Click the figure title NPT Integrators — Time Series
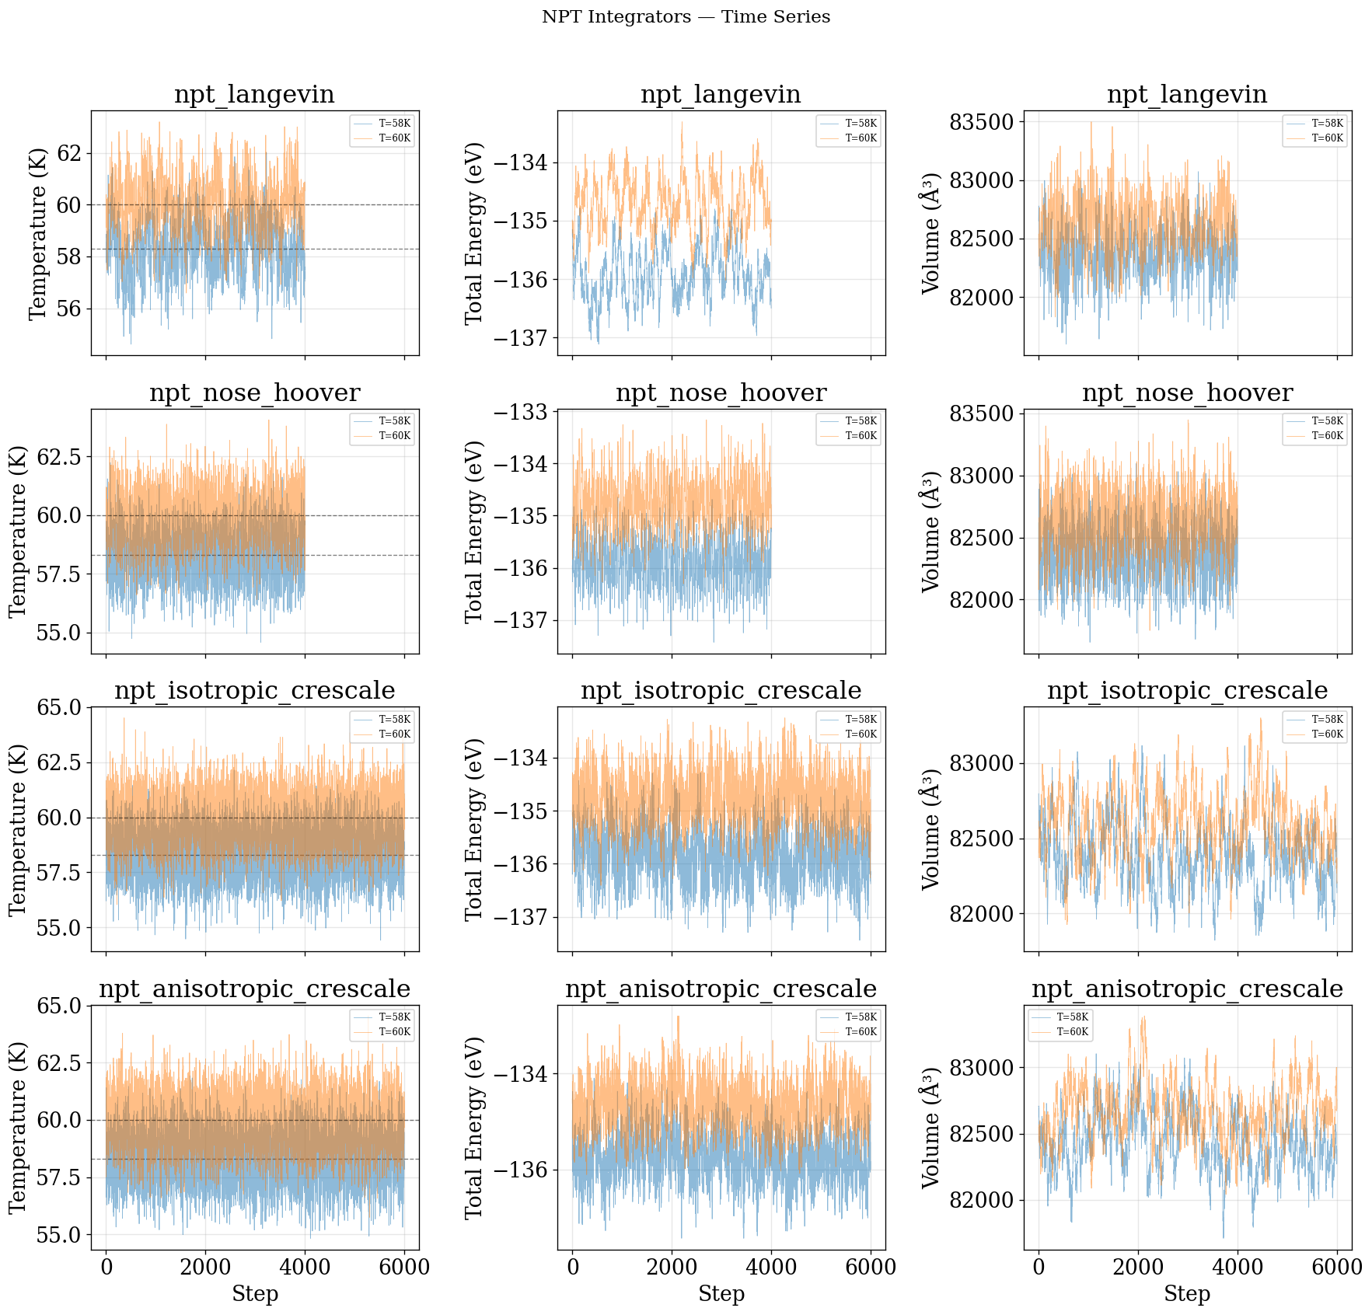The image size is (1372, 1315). pyautogui.click(x=686, y=17)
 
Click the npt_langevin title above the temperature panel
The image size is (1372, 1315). pyautogui.click(x=254, y=95)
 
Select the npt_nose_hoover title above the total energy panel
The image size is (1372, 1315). pyautogui.click(x=721, y=393)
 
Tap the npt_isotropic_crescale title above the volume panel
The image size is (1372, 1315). pyautogui.click(x=1187, y=691)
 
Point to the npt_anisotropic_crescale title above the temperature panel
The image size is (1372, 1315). pyautogui.click(x=254, y=989)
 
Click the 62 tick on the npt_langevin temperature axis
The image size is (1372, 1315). pyautogui.click(x=70, y=153)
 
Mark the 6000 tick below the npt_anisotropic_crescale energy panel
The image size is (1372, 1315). pyautogui.click(x=870, y=1268)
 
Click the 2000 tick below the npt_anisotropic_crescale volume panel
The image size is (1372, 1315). pyautogui.click(x=1138, y=1268)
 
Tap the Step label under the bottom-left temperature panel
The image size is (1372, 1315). pyautogui.click(x=254, y=1294)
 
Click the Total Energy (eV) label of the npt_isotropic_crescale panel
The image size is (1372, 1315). pyautogui.click(x=474, y=829)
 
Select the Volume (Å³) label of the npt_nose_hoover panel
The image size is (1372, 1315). pyautogui.click(x=930, y=532)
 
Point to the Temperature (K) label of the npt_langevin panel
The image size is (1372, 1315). pyautogui.click(x=37, y=233)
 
